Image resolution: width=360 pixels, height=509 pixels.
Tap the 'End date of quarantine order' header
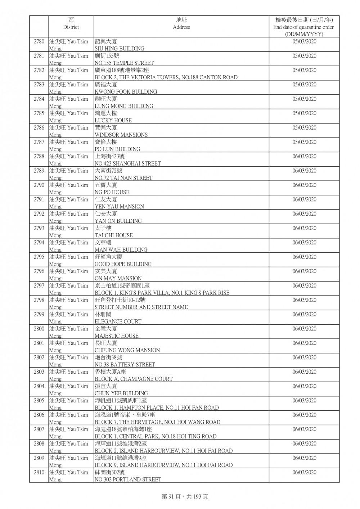click(x=303, y=27)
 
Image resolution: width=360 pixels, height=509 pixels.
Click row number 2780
click(x=39, y=42)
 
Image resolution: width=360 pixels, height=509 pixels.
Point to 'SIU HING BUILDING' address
click(x=120, y=49)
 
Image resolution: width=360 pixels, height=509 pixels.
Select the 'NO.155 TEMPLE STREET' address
click(x=124, y=63)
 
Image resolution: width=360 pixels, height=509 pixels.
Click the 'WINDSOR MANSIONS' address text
click(x=121, y=135)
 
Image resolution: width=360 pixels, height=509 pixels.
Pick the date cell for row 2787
click(x=304, y=142)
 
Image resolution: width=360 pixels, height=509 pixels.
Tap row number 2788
click(x=39, y=157)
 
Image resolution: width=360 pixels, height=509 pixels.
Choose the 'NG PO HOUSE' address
click(x=112, y=192)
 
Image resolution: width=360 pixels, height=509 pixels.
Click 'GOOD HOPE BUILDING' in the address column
click(x=123, y=264)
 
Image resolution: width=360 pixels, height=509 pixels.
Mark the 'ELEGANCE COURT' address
click(x=118, y=321)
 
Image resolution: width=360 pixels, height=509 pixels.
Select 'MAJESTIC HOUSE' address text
click(x=117, y=336)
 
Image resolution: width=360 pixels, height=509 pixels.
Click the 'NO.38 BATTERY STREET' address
click(x=125, y=365)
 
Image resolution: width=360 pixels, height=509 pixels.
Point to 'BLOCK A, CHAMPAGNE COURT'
click(x=134, y=379)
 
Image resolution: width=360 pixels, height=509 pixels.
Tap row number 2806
click(x=39, y=415)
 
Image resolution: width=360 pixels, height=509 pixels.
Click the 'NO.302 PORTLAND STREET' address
click(x=128, y=479)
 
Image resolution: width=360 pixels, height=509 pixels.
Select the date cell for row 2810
click(x=304, y=472)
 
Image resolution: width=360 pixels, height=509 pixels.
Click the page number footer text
click(x=185, y=497)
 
